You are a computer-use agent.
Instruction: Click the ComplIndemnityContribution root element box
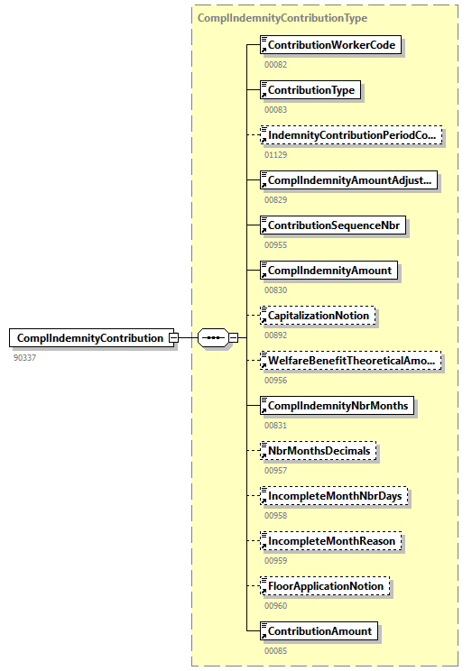[91, 338]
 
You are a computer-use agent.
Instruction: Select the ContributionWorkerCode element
[330, 45]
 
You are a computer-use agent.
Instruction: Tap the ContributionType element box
[310, 90]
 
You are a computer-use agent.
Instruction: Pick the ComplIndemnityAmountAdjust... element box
[349, 180]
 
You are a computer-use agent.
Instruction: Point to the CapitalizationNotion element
[317, 316]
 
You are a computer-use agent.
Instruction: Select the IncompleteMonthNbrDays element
[334, 496]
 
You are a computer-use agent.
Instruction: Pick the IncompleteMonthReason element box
[330, 541]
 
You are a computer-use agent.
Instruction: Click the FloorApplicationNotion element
[326, 586]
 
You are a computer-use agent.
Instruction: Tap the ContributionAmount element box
[318, 631]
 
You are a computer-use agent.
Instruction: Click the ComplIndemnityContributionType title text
[282, 18]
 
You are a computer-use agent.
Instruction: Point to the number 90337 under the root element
[25, 357]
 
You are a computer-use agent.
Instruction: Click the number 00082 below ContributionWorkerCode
[275, 65]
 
